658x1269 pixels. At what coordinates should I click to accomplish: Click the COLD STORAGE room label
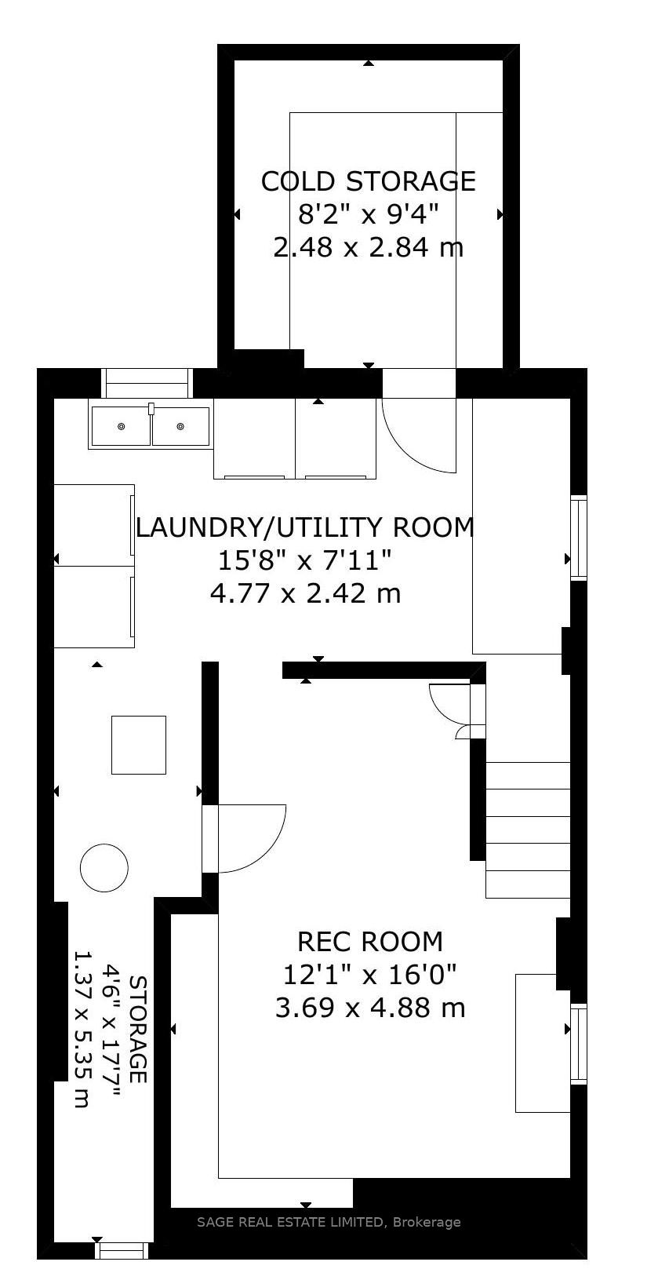coord(368,181)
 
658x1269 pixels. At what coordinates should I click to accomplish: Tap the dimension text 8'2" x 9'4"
coord(369,215)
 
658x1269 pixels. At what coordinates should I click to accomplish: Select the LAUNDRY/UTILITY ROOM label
coord(304,527)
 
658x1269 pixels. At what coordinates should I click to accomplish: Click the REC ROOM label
coord(369,941)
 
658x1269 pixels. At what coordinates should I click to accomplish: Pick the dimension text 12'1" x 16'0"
coord(369,975)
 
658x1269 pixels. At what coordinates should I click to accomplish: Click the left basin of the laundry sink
coord(120,425)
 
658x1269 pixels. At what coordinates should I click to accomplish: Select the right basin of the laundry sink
coord(180,425)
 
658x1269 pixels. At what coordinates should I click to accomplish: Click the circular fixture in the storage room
coord(104,867)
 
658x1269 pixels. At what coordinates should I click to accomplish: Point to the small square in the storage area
coord(139,745)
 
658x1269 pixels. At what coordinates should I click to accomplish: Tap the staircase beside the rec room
coord(528,830)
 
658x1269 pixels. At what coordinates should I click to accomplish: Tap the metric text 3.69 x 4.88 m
coord(369,1008)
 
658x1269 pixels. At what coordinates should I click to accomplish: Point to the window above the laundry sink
coord(147,383)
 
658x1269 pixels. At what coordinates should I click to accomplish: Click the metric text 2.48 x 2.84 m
coord(369,247)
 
